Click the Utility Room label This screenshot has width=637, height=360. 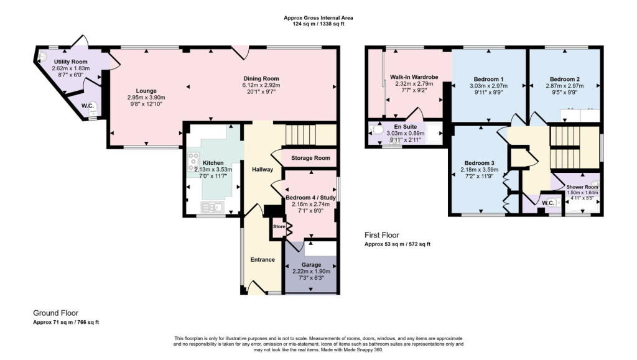[71, 62]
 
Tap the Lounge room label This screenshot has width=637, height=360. [146, 91]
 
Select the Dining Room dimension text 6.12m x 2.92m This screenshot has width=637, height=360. [261, 85]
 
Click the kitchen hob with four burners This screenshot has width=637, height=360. [193, 162]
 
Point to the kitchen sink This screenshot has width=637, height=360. [213, 208]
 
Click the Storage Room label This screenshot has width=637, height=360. [310, 158]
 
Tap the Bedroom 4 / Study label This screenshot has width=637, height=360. [311, 198]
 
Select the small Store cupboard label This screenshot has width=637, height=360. [279, 226]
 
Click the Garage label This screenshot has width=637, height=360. [311, 265]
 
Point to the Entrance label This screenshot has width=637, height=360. [263, 259]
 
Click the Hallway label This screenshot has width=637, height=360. [263, 169]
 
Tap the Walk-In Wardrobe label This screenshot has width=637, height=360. [414, 77]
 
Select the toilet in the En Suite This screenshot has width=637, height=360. [376, 131]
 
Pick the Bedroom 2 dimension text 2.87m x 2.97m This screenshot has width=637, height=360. [565, 86]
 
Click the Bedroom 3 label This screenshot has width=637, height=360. [480, 163]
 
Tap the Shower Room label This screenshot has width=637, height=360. [582, 187]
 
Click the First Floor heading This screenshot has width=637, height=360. [381, 235]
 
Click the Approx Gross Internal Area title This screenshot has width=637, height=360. [318, 18]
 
